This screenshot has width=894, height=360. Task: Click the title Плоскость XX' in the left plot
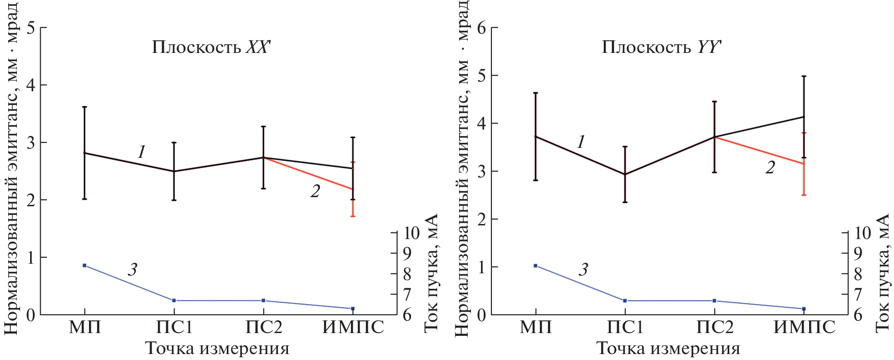[x=211, y=47]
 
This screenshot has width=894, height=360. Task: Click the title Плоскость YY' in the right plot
[x=662, y=47]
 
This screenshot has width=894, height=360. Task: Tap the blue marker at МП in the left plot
[x=84, y=266]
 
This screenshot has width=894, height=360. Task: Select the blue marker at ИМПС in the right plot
[x=804, y=309]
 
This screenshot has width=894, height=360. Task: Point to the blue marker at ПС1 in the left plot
[x=174, y=301]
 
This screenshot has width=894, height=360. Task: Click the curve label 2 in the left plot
[x=315, y=192]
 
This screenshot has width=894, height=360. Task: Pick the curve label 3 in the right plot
[x=583, y=270]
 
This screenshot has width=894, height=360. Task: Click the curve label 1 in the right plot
[x=581, y=142]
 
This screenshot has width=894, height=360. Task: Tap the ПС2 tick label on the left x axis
[x=264, y=328]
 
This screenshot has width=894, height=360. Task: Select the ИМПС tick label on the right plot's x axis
[x=804, y=328]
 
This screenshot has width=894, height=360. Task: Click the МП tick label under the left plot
[x=85, y=328]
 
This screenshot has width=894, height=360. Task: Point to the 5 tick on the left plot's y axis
[x=31, y=28]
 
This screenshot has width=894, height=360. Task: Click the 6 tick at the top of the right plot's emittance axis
[x=481, y=28]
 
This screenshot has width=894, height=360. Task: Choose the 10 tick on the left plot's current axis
[x=411, y=233]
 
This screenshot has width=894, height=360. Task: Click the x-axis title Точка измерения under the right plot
[x=668, y=349]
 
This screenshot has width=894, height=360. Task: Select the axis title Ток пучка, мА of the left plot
[x=431, y=273]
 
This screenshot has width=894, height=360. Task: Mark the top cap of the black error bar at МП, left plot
[x=84, y=107]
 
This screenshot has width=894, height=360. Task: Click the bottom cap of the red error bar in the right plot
[x=804, y=195]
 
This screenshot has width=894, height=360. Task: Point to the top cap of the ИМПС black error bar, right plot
[x=804, y=76]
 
